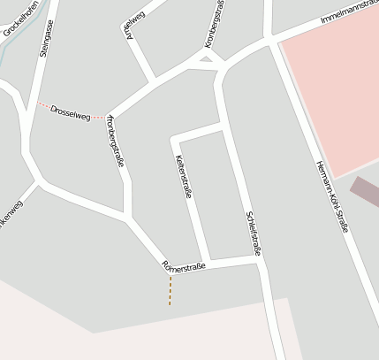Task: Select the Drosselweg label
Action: [x=71, y=111]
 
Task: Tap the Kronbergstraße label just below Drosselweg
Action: [x=115, y=142]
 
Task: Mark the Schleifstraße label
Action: [x=254, y=234]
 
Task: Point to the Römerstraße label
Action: [x=185, y=265]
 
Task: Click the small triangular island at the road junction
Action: [x=207, y=60]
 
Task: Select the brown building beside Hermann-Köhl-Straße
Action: [x=365, y=191]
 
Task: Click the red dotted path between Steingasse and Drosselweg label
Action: [x=42, y=105]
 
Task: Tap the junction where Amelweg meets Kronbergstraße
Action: [x=155, y=81]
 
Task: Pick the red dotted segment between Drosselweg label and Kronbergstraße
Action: [x=99, y=116]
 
